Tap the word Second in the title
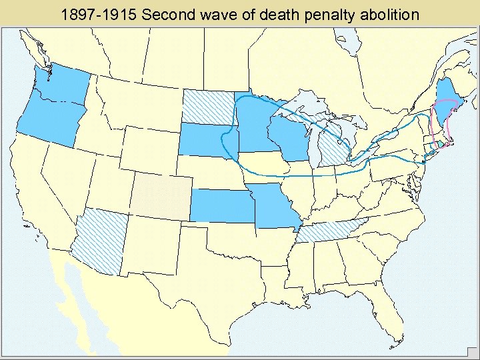(166, 13)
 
